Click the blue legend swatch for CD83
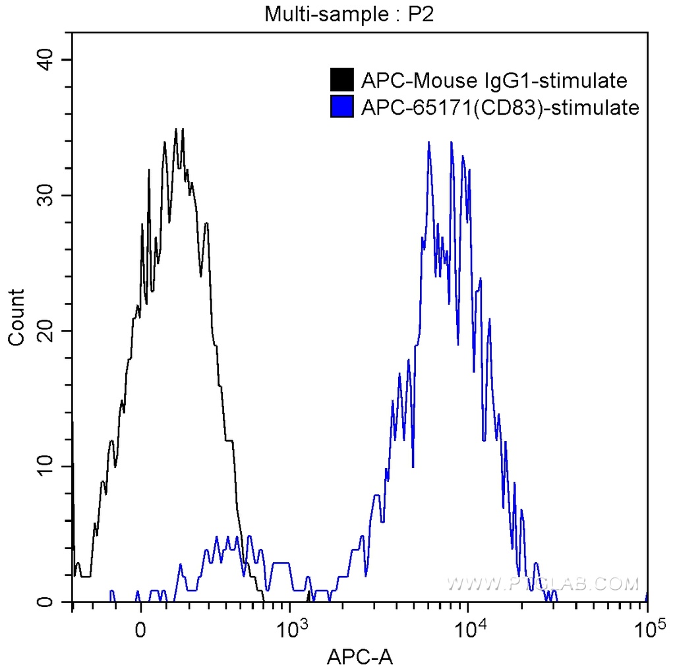(x=342, y=106)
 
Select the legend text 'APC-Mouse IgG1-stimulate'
(x=494, y=80)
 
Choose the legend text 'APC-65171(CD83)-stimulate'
(x=500, y=107)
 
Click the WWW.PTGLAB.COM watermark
(x=543, y=583)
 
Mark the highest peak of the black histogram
(x=176, y=129)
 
